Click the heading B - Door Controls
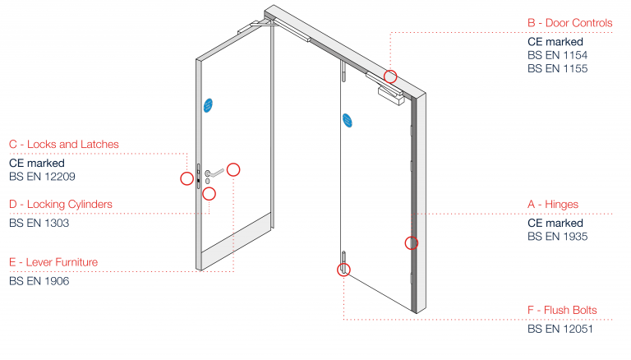569,23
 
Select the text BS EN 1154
557,55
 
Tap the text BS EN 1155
557,68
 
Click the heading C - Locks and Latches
64,145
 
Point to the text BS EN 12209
43,176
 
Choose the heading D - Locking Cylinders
61,204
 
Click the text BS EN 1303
39,223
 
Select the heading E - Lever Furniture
53,263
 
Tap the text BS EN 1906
39,281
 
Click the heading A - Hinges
552,205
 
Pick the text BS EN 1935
557,237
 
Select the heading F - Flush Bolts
562,311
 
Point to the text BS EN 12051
560,330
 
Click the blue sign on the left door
208,105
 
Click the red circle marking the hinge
412,242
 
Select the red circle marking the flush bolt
343,269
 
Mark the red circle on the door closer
391,76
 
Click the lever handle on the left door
216,173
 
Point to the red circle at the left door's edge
187,178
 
